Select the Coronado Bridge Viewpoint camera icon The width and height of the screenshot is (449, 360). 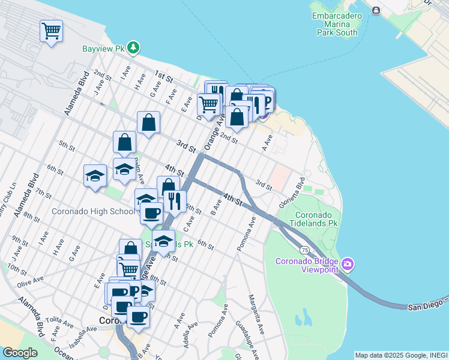[x=348, y=264]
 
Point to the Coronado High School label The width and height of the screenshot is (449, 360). [x=93, y=211]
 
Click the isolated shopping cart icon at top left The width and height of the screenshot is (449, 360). [x=51, y=30]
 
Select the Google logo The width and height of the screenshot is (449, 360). [x=19, y=352]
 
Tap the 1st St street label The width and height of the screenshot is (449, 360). [x=163, y=76]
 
